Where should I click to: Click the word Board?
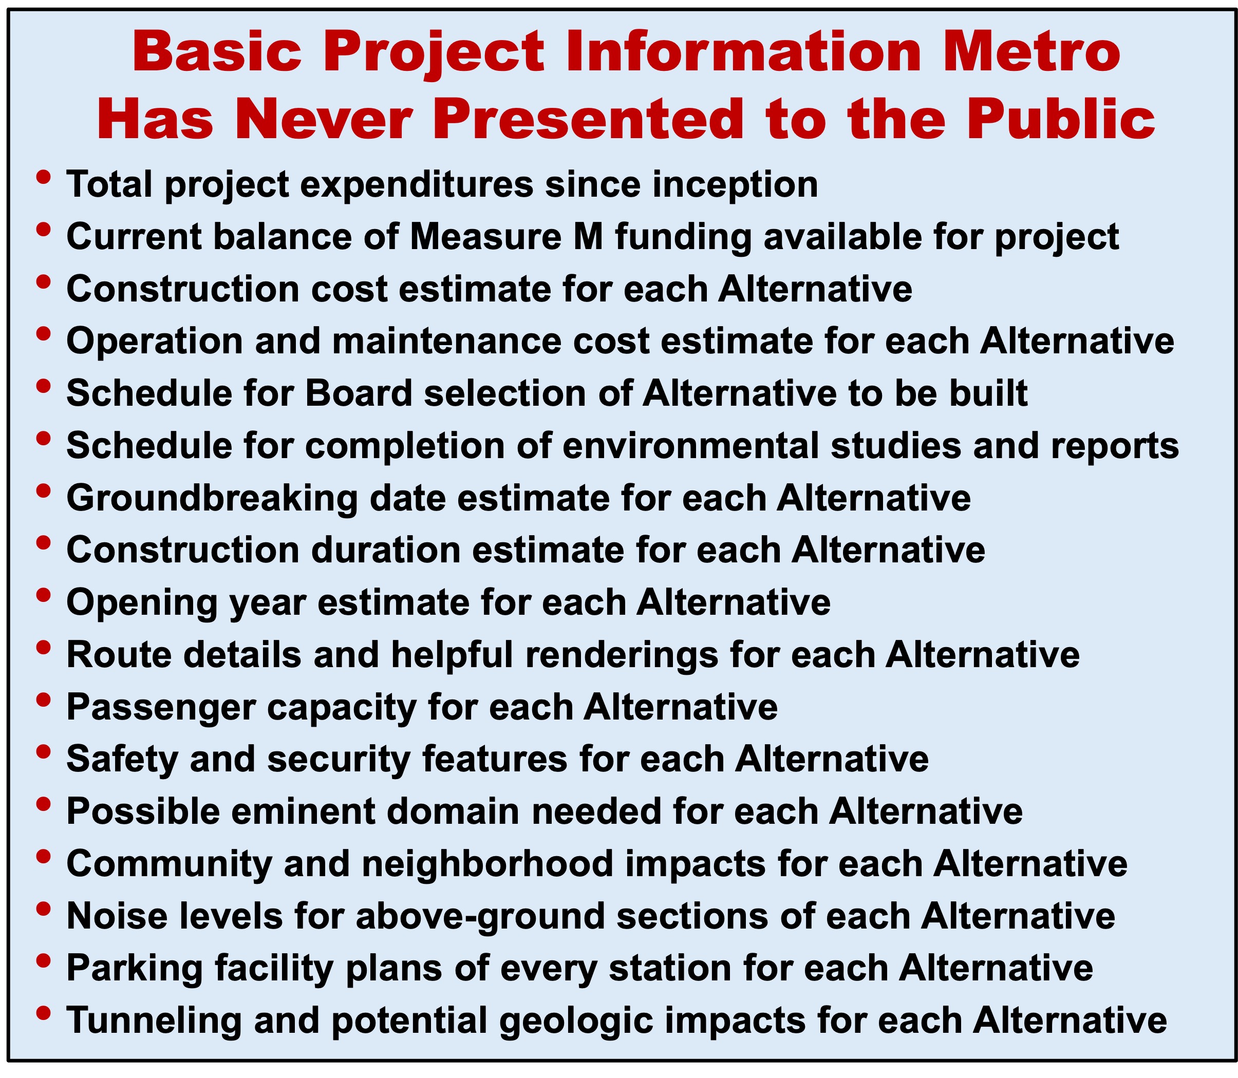(359, 393)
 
